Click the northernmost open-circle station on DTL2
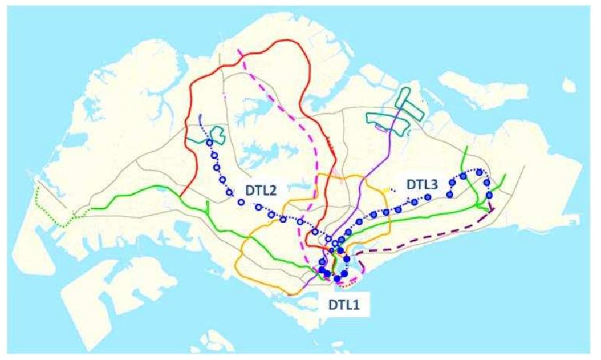pyautogui.click(x=209, y=143)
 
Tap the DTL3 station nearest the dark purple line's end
pyautogui.click(x=489, y=196)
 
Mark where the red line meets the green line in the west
pyautogui.click(x=180, y=197)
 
